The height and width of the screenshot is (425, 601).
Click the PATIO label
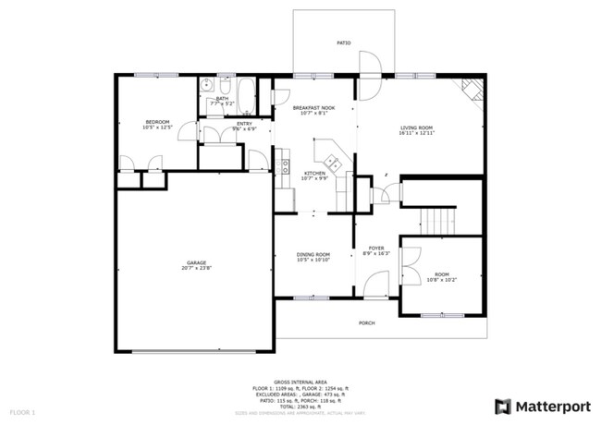click(343, 43)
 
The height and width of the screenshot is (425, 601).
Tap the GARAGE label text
click(195, 263)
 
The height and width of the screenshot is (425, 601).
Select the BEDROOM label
click(155, 122)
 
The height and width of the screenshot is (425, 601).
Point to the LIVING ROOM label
click(417, 128)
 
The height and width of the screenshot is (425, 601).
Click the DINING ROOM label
click(313, 255)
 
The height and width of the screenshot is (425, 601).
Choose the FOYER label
click(376, 248)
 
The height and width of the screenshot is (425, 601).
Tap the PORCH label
click(366, 323)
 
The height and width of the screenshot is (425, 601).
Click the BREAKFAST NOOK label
click(313, 108)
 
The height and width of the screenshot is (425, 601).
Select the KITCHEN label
click(313, 174)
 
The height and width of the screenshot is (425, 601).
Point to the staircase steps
click(440, 221)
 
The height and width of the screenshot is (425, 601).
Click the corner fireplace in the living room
click(472, 89)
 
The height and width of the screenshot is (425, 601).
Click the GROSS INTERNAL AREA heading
click(300, 380)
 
